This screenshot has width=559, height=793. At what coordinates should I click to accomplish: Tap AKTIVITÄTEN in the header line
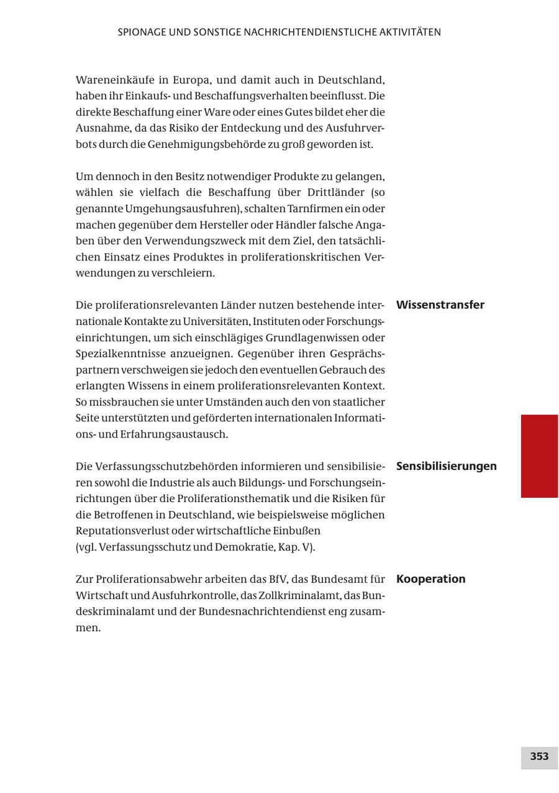pyautogui.click(x=410, y=32)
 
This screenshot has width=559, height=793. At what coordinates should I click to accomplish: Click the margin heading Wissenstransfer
pyautogui.click(x=440, y=305)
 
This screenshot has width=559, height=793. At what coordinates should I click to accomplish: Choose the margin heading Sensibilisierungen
pyautogui.click(x=446, y=466)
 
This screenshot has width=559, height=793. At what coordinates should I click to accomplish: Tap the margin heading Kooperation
pyautogui.click(x=430, y=579)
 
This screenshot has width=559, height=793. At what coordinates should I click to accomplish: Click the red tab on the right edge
pyautogui.click(x=539, y=456)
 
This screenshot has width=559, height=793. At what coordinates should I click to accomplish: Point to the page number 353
pyautogui.click(x=539, y=757)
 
